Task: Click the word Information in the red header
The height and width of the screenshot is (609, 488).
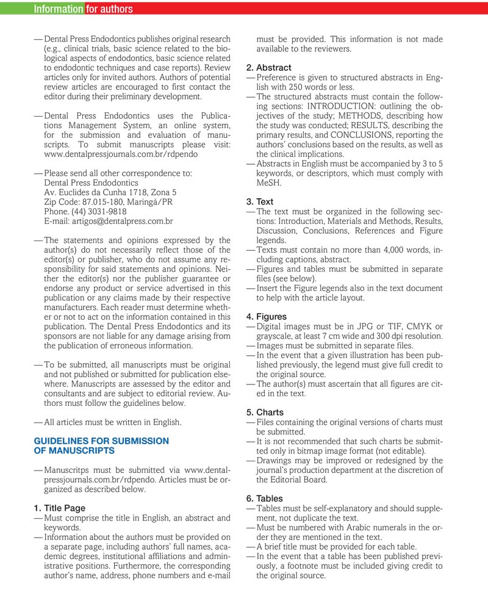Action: pyautogui.click(x=59, y=9)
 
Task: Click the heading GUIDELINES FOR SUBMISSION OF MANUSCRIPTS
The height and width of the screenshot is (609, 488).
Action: pyautogui.click(x=101, y=445)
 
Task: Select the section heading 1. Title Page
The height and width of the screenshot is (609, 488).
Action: pyautogui.click(x=60, y=508)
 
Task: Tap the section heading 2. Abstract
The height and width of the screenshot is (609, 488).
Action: pyautogui.click(x=269, y=67)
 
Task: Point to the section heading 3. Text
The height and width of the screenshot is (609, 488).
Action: pyautogui.click(x=260, y=201)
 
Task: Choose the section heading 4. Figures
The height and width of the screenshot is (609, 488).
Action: pyautogui.click(x=267, y=317)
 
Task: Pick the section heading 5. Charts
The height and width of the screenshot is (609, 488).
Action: pyautogui.click(x=265, y=413)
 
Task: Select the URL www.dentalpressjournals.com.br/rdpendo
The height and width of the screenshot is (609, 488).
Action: pyautogui.click(x=121, y=154)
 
